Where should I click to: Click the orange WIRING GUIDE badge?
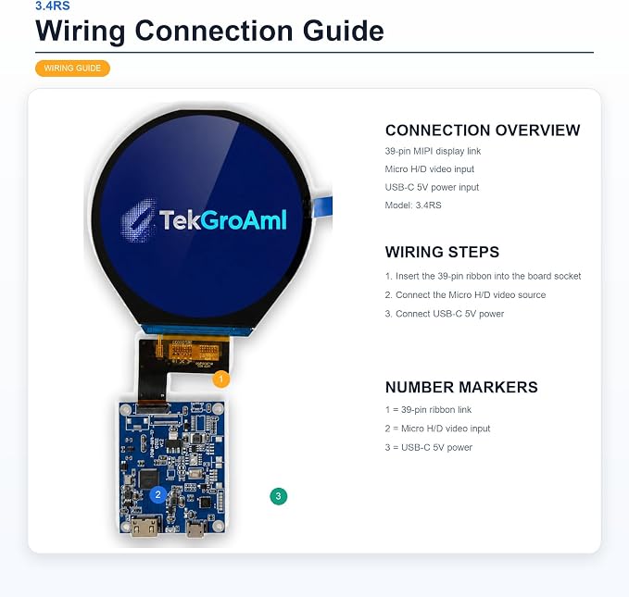coord(72,68)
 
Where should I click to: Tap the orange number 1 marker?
coord(220,379)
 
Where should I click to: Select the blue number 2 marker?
coord(158,495)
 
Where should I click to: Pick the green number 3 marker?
coord(279,496)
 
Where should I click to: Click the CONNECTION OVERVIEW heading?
coord(483,131)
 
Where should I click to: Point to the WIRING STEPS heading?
coord(442,252)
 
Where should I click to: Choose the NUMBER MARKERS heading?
coord(461,387)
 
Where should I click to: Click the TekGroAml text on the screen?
coord(223,219)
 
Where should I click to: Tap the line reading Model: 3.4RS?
coord(413,205)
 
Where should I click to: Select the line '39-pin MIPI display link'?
coord(433,151)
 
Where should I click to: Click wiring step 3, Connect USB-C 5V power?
coord(445,314)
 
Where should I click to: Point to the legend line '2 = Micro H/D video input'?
coord(437,429)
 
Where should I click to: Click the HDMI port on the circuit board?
coord(145,527)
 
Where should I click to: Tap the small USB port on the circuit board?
coord(196,529)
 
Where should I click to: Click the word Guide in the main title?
coord(344,31)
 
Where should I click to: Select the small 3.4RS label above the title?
coord(53,6)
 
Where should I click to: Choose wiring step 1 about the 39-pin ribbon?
coord(483,276)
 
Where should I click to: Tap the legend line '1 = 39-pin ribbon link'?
coord(428,410)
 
